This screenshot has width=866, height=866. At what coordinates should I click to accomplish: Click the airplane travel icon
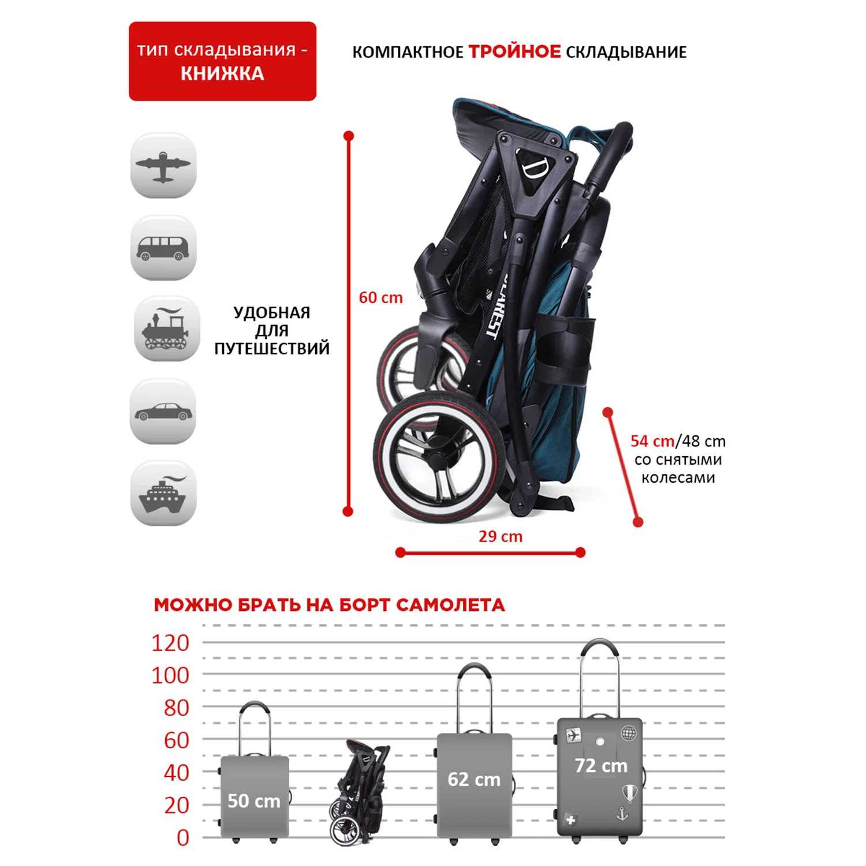[163, 166]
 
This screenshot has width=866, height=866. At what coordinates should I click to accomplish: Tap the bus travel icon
[163, 248]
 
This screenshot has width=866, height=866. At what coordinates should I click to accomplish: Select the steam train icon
[166, 330]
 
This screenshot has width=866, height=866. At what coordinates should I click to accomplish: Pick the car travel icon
[163, 412]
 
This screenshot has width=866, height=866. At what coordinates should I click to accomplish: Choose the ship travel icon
[163, 494]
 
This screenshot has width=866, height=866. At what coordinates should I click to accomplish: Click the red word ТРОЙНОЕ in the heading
[514, 52]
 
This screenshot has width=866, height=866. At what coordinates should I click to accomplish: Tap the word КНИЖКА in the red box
[222, 74]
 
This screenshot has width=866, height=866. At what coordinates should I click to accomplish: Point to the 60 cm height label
[380, 298]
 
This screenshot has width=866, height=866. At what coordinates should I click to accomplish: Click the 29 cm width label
[501, 537]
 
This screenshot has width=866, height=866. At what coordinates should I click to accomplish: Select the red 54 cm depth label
[652, 441]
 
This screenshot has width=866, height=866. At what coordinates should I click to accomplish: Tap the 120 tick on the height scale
[170, 643]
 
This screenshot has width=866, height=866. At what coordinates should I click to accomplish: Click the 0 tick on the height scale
[182, 838]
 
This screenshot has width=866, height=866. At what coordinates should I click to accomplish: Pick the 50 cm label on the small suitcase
[253, 801]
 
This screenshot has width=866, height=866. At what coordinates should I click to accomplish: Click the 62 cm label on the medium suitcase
[474, 779]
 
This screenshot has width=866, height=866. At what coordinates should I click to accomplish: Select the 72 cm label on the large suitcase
[601, 766]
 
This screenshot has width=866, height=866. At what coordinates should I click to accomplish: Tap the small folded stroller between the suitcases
[360, 791]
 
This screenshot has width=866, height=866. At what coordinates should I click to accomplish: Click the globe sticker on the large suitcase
[628, 733]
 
